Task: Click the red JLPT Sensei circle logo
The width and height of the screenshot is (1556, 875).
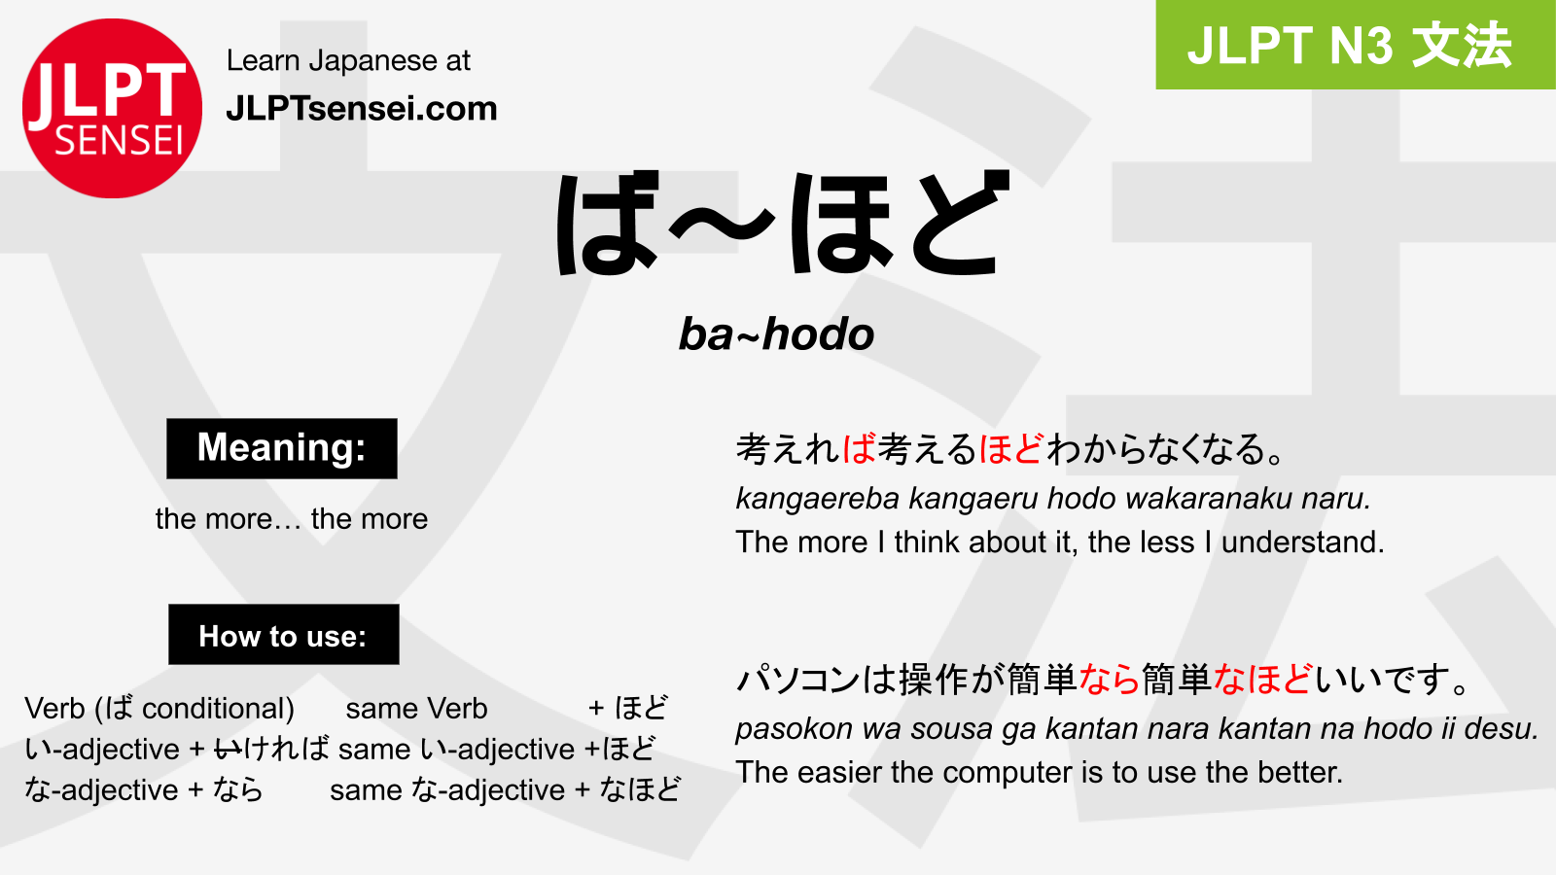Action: tap(112, 108)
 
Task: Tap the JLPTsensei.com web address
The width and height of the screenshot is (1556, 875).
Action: tap(362, 109)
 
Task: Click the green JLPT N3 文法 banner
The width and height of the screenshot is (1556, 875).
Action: tap(1356, 45)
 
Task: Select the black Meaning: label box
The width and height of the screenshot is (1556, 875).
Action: tap(282, 448)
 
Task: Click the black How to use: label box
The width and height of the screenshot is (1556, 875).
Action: tap(283, 634)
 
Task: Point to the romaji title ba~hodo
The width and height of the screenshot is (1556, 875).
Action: tap(776, 334)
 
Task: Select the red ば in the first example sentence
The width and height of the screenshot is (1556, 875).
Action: tap(859, 448)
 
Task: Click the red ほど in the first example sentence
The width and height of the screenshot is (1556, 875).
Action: tap(1011, 448)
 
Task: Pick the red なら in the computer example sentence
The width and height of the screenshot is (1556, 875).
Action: tap(1110, 680)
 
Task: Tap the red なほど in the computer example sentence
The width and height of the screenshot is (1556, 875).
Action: tap(1263, 680)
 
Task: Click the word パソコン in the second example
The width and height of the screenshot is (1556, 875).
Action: tap(798, 680)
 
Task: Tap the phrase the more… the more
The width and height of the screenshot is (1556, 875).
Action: tap(292, 519)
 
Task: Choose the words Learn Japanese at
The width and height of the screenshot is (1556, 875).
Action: tap(348, 60)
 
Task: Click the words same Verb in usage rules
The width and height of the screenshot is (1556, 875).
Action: tap(417, 709)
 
